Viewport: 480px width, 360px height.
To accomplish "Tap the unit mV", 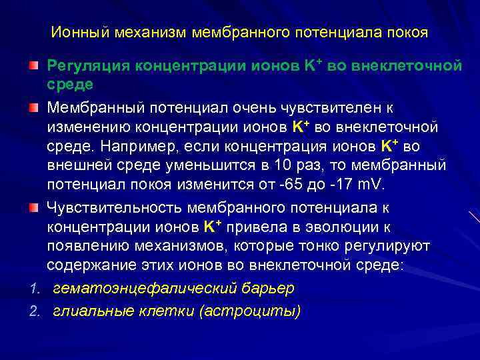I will [x=359, y=184].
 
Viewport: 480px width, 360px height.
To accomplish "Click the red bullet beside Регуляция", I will [x=33, y=67].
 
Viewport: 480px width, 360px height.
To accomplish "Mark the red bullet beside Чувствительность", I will [x=33, y=209].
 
